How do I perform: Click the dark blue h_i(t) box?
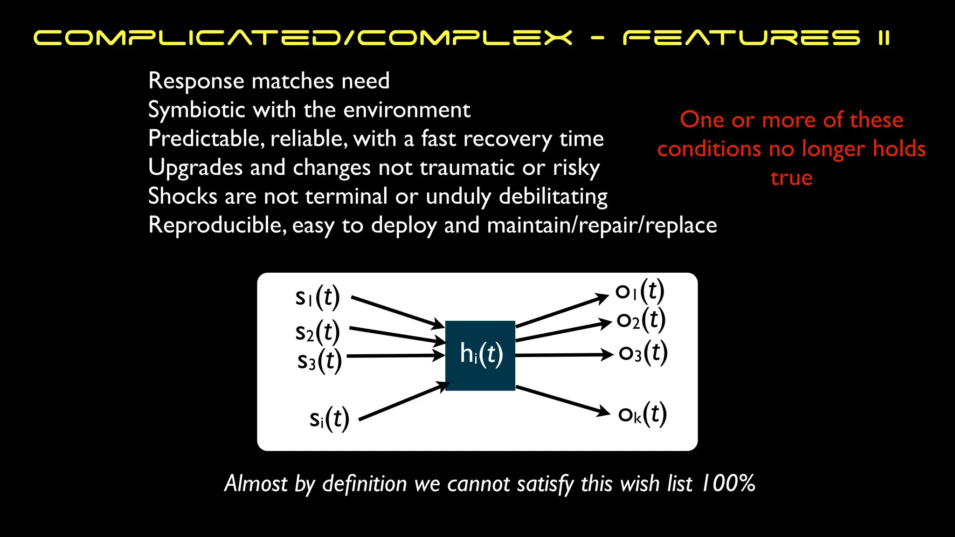480,355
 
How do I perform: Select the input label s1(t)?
318,297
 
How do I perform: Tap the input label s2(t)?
318,332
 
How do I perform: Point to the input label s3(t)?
319,361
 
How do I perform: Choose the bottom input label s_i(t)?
329,419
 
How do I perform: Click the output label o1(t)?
640,291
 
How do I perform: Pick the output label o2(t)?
641,320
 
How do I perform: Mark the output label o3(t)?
643,353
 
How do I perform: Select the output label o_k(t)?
643,414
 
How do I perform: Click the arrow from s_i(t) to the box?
404,401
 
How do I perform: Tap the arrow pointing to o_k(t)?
562,400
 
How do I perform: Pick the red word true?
791,178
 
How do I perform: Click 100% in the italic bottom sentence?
728,483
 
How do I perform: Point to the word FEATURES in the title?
741,38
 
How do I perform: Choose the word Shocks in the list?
182,196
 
